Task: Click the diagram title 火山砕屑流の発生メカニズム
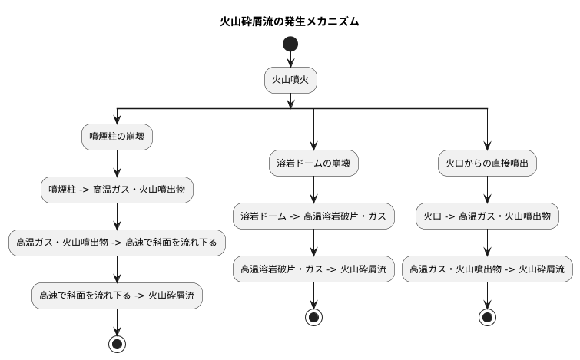coord(290,21)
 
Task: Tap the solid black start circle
coord(290,44)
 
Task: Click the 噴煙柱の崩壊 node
coord(117,137)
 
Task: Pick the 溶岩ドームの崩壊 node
coord(313,163)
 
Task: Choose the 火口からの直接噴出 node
coord(487,163)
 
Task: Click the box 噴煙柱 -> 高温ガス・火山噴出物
coord(117,189)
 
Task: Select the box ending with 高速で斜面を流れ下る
coord(117,242)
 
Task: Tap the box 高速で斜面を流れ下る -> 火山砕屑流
coord(117,295)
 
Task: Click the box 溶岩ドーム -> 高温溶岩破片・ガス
coord(313,216)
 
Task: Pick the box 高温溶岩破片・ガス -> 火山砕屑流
coord(313,269)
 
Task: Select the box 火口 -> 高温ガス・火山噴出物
coord(487,216)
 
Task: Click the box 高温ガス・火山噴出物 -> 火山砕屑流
coord(487,269)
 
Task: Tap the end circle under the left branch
coord(117,343)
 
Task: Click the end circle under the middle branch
coord(313,317)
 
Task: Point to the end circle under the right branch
coord(487,317)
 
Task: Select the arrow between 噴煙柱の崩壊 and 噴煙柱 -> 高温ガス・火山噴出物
coord(117,163)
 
